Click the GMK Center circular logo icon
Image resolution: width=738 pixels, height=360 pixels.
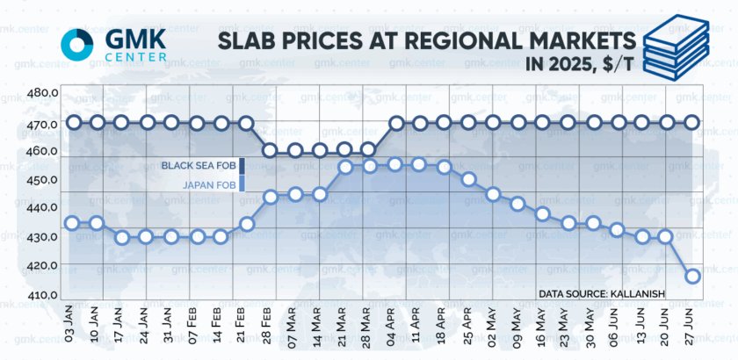[76, 41]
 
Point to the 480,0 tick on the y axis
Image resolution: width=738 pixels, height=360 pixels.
[43, 93]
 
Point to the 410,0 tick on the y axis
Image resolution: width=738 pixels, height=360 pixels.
[43, 295]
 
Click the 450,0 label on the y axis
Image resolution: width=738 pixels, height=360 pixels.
[43, 180]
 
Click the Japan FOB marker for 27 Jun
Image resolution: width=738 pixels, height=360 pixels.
[692, 276]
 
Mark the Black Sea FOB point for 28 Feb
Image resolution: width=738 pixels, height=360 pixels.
[271, 150]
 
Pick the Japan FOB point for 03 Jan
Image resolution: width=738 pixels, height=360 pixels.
[72, 223]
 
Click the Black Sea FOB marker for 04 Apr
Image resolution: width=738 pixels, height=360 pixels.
[395, 123]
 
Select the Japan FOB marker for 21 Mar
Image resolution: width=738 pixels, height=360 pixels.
[345, 166]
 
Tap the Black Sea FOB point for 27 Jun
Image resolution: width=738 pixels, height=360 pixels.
[692, 123]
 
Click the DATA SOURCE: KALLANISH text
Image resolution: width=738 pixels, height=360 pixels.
[601, 293]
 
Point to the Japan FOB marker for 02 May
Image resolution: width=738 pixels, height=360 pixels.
[493, 194]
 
